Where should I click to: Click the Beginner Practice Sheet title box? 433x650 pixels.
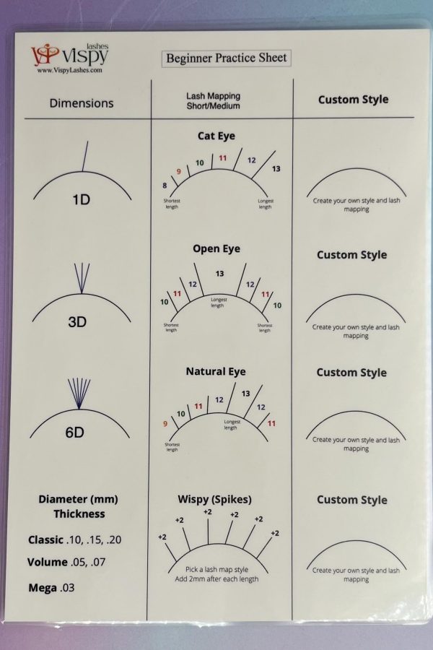click(x=226, y=58)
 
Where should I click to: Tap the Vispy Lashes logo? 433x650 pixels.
click(x=69, y=55)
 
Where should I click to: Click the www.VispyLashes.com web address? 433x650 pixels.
click(x=69, y=71)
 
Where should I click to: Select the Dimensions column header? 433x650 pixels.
click(x=82, y=103)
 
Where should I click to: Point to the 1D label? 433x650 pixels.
click(x=82, y=200)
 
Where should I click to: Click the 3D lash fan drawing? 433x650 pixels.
click(x=82, y=278)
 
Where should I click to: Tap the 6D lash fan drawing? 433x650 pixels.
click(x=79, y=394)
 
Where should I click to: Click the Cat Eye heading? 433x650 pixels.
click(x=216, y=136)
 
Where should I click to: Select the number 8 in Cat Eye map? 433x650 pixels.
click(x=165, y=186)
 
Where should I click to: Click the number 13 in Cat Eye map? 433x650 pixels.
click(x=276, y=169)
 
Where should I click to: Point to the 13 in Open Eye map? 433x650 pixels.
click(x=219, y=274)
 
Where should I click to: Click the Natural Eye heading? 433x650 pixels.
click(x=216, y=371)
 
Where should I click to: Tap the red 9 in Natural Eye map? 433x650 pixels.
click(x=165, y=424)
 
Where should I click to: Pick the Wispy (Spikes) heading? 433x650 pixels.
click(x=214, y=500)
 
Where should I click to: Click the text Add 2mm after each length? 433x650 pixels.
click(x=216, y=579)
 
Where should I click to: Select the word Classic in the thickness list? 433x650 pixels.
click(x=45, y=539)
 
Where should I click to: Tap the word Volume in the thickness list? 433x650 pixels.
click(x=47, y=562)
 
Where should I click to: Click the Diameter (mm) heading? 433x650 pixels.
click(x=79, y=499)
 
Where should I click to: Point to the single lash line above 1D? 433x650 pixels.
click(x=85, y=156)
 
